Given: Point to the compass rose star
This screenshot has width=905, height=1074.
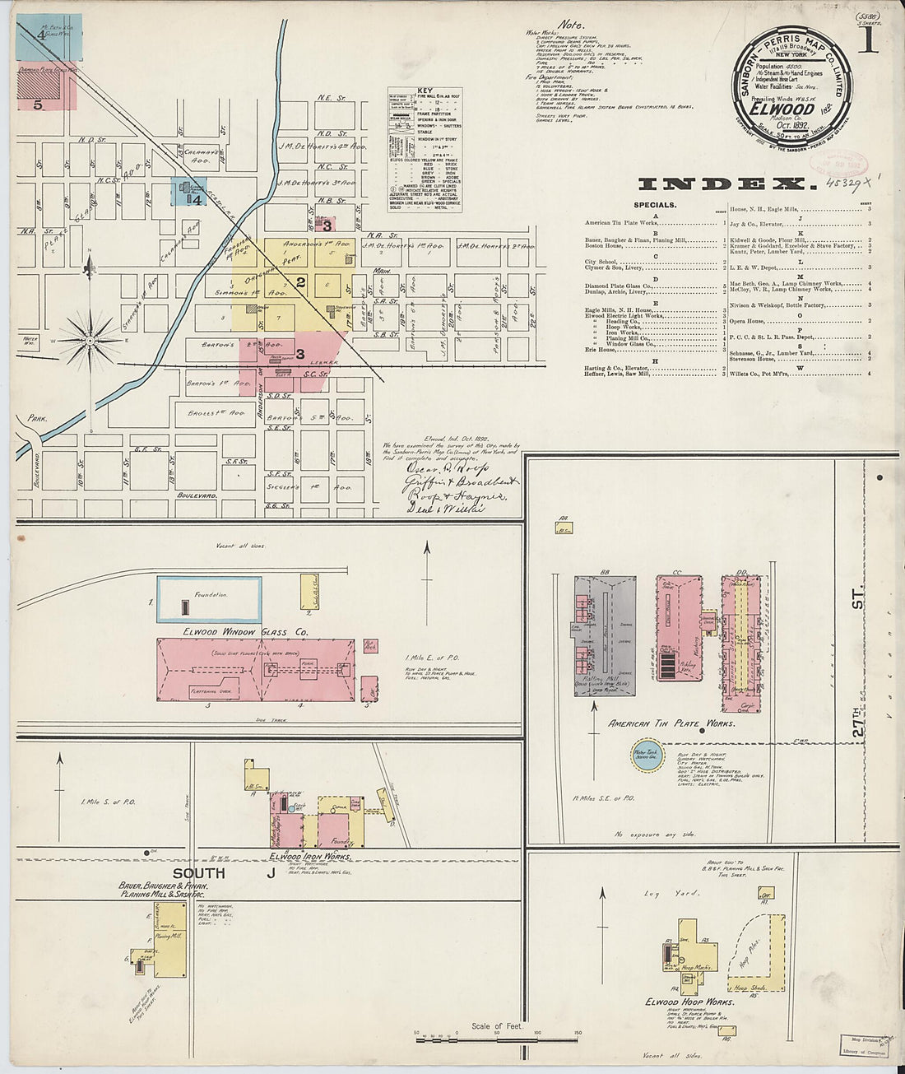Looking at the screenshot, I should pyautogui.click(x=91, y=337).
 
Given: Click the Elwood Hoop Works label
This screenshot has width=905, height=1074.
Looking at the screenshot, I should pyautogui.click(x=690, y=1002).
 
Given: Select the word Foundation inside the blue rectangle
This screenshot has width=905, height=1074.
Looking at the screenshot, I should pyautogui.click(x=210, y=594).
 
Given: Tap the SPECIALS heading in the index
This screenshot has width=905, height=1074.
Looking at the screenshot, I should pyautogui.click(x=656, y=205).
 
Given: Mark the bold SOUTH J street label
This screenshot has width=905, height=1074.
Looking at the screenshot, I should pyautogui.click(x=222, y=873).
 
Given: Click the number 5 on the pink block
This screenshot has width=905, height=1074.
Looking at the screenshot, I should pyautogui.click(x=38, y=105).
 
